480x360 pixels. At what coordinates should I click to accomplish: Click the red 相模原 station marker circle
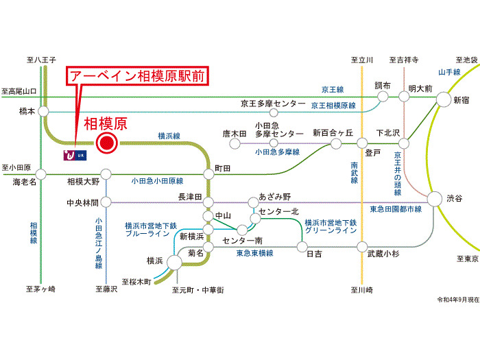point(106,143)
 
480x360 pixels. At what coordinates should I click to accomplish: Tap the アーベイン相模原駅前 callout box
point(136,76)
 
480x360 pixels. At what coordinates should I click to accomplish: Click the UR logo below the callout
point(73,156)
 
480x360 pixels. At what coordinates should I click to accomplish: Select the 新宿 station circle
point(442,100)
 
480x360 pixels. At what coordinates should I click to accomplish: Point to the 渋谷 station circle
point(435,199)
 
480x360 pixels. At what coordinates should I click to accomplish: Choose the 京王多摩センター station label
point(272,103)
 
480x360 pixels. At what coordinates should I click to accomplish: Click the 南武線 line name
point(354,176)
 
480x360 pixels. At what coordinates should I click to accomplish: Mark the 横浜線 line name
point(168,136)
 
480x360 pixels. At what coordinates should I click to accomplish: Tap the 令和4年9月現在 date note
point(457,300)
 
